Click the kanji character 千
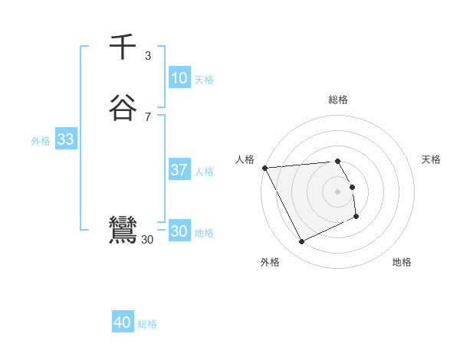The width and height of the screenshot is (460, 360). (x=123, y=47)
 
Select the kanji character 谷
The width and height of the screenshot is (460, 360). (x=123, y=108)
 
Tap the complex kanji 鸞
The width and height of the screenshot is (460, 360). (x=123, y=230)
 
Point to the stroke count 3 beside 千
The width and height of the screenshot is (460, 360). (x=148, y=55)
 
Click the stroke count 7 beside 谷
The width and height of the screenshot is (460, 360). (x=148, y=116)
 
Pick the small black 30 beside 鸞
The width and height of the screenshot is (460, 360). (x=148, y=240)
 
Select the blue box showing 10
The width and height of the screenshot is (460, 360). (x=179, y=78)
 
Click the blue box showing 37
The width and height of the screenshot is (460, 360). (x=179, y=170)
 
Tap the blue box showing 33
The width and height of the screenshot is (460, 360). (x=65, y=139)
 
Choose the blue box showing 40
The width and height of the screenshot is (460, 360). (x=123, y=323)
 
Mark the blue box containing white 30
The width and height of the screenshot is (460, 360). (x=179, y=231)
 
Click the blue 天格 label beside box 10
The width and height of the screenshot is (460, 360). (x=204, y=80)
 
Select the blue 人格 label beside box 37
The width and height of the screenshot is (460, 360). (x=204, y=172)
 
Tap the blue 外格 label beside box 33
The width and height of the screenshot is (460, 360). (x=41, y=141)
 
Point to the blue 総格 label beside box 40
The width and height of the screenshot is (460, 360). (x=147, y=325)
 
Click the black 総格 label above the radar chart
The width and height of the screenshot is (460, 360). (x=338, y=100)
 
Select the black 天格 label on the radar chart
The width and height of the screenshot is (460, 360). (x=431, y=159)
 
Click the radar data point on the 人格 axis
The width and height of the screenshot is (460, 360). (x=264, y=168)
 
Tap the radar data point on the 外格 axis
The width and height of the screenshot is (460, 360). (x=302, y=242)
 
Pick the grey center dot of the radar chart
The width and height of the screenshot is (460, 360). (x=338, y=191)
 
